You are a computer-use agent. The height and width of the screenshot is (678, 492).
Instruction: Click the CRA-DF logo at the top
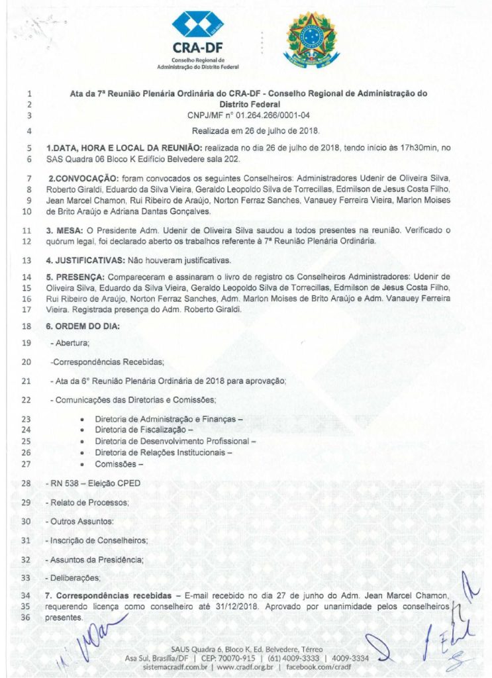198,39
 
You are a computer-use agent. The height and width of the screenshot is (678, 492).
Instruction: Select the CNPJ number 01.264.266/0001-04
289,116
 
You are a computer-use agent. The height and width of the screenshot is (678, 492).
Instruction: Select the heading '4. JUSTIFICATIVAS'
88,260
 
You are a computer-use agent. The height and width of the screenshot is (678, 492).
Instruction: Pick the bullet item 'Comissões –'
119,464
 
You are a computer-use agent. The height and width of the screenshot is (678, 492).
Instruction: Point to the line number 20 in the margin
27,362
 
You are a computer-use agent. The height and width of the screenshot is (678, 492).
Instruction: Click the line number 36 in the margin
27,618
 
